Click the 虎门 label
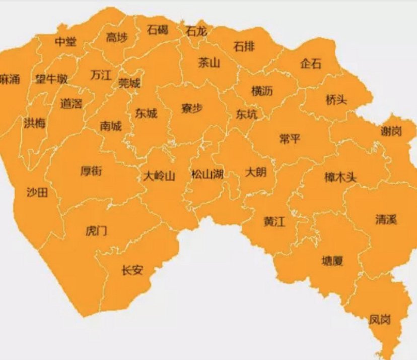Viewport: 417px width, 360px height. (96, 231)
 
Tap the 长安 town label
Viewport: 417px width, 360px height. (132, 270)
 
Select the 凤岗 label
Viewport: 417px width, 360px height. (380, 319)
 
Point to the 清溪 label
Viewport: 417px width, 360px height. (386, 220)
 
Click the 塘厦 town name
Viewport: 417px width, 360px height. (332, 261)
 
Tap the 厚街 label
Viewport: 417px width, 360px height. (91, 171)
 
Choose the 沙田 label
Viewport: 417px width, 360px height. (37, 192)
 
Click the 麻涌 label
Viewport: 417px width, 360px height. (10, 79)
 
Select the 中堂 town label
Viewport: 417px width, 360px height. (66, 41)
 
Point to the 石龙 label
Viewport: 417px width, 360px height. (196, 31)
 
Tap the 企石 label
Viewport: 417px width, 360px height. (310, 64)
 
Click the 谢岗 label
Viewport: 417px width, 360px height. (391, 132)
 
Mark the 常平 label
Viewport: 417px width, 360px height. (289, 139)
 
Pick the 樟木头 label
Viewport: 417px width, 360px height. (340, 177)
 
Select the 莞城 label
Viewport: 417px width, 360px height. (129, 83)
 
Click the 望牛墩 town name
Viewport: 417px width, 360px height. (51, 79)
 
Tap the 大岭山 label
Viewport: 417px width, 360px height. (159, 176)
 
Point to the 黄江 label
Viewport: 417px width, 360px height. (274, 221)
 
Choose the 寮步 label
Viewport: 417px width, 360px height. (192, 108)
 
